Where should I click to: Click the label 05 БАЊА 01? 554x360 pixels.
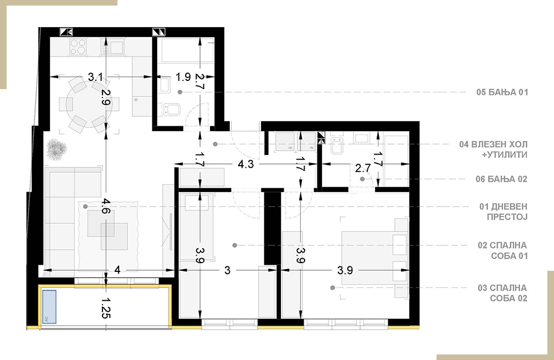pyautogui.click(x=502, y=92)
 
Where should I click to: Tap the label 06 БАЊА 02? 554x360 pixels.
pyautogui.click(x=501, y=179)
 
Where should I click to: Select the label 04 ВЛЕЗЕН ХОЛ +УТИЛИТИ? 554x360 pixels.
pyautogui.click(x=493, y=150)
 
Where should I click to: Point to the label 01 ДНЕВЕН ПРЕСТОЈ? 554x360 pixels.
pyautogui.click(x=503, y=211)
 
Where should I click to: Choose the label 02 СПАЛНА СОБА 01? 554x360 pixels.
pyautogui.click(x=502, y=250)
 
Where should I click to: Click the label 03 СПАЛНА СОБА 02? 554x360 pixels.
pyautogui.click(x=502, y=293)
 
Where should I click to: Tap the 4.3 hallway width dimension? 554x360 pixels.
pyautogui.click(x=245, y=164)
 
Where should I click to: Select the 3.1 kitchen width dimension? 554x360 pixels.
pyautogui.click(x=95, y=76)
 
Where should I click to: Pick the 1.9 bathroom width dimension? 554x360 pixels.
pyautogui.click(x=183, y=76)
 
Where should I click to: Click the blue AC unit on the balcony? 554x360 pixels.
pyautogui.click(x=49, y=307)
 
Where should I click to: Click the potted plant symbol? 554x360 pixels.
pyautogui.click(x=57, y=148)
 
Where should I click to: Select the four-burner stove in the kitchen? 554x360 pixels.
pyautogui.click(x=78, y=47)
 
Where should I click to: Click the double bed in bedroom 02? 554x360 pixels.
pyautogui.click(x=373, y=258)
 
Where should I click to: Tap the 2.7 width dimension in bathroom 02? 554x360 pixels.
pyautogui.click(x=363, y=168)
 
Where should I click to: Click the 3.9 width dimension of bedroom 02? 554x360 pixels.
pyautogui.click(x=345, y=270)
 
